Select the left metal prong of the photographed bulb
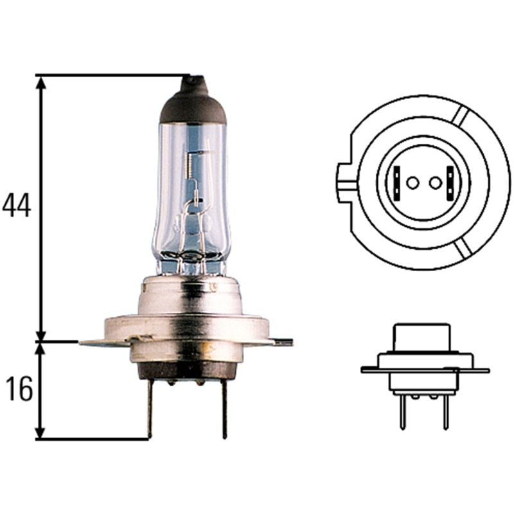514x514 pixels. pos(149,407)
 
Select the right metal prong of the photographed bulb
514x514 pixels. pos(224,407)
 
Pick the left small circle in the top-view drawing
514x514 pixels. pos(412,183)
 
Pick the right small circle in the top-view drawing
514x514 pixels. pos(436,183)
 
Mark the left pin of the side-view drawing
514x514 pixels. pos(402,412)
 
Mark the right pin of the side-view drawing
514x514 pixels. pos(445,412)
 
